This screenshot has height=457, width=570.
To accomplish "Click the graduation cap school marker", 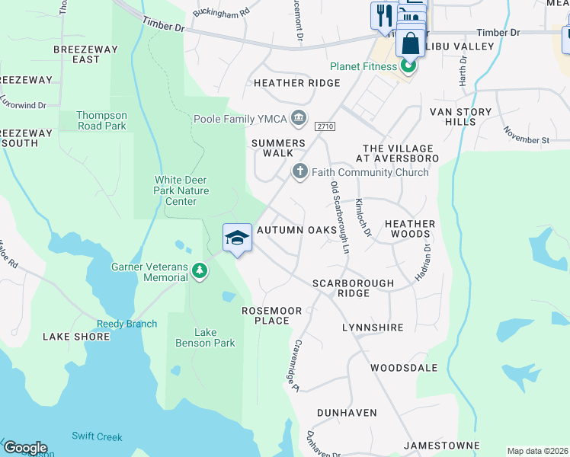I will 237,238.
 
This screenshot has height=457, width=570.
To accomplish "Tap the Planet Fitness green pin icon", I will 408,66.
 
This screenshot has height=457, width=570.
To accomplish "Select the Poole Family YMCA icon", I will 299,118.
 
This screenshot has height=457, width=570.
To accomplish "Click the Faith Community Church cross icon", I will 300,172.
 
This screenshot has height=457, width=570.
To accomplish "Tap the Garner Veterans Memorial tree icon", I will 200,271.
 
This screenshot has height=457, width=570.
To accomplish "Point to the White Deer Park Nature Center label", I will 175,190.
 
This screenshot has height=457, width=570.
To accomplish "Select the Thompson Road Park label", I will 101,120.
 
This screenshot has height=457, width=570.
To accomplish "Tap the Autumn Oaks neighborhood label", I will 296,230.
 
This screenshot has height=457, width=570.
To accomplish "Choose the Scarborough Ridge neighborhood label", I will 353,288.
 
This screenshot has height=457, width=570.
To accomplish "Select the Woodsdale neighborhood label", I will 404,368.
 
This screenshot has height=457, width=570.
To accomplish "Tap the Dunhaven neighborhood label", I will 347,412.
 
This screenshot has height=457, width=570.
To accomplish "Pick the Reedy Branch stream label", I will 126,324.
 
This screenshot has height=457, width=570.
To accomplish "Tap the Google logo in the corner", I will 25,448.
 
